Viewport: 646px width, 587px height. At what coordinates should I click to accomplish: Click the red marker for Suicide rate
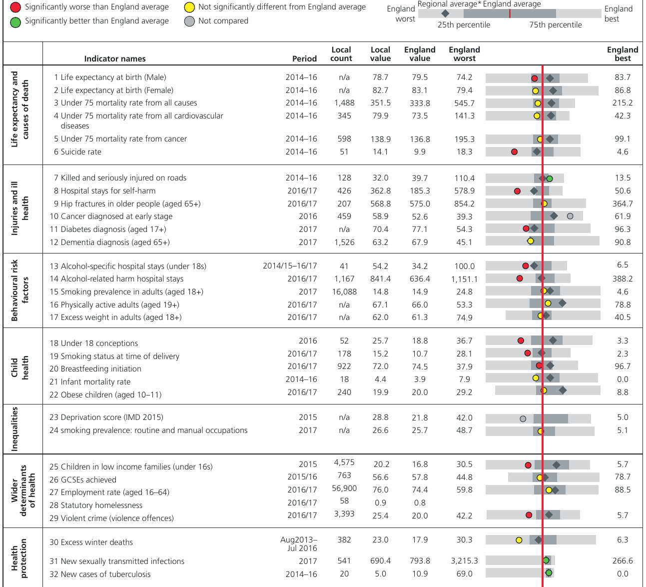(x=514, y=152)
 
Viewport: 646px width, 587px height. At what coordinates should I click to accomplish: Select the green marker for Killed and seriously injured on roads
(x=550, y=178)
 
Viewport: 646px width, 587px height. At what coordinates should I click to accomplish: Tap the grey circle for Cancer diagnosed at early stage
(x=570, y=216)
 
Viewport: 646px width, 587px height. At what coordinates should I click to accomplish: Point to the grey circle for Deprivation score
(x=523, y=418)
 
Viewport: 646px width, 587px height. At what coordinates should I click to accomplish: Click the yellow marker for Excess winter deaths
(x=519, y=540)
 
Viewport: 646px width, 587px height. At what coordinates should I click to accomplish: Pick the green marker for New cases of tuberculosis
(x=549, y=572)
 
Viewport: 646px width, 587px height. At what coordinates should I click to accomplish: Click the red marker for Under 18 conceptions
(x=521, y=340)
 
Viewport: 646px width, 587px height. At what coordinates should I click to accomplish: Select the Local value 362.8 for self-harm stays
(x=380, y=191)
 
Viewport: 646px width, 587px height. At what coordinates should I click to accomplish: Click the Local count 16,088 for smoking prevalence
(x=344, y=291)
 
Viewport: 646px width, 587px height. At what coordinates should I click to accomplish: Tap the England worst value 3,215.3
(x=464, y=561)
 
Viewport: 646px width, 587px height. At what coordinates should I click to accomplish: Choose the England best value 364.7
(x=622, y=203)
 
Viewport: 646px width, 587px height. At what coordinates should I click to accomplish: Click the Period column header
(x=304, y=58)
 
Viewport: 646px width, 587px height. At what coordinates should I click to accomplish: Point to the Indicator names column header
(x=115, y=58)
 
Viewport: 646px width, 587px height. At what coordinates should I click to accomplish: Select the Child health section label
(x=19, y=367)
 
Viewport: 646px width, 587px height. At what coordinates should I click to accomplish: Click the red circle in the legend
(x=15, y=7)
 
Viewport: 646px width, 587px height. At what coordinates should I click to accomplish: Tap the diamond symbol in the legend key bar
(x=445, y=13)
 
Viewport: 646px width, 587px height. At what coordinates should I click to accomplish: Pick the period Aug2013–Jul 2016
(x=299, y=544)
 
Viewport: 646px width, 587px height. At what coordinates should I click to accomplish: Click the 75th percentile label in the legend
(x=556, y=25)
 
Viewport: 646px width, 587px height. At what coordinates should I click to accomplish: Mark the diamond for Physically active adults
(x=562, y=303)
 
